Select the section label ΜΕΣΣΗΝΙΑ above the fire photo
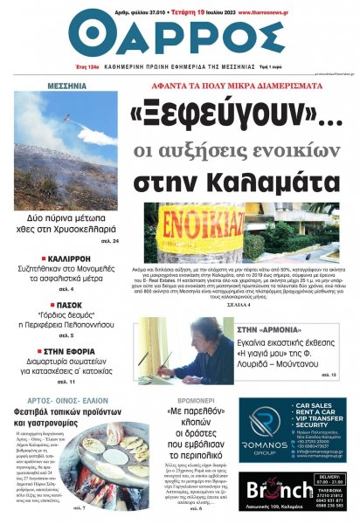[66, 86]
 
